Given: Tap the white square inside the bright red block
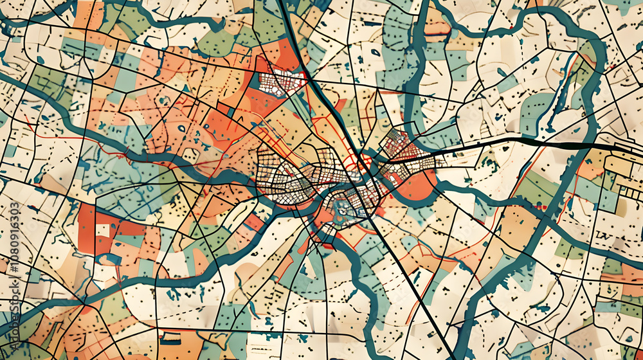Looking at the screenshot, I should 103,230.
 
